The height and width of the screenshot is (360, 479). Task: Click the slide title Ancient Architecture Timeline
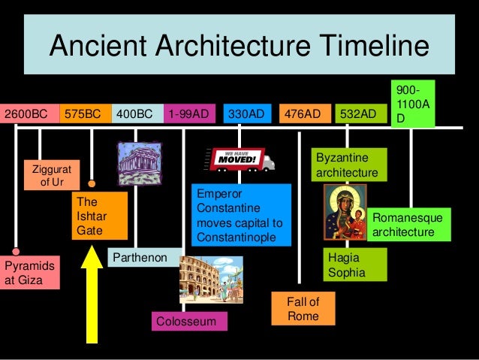(239, 47)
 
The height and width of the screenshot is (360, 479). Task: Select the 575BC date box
(83, 114)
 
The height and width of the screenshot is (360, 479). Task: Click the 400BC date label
(136, 114)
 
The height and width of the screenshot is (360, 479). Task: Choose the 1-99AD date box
(189, 114)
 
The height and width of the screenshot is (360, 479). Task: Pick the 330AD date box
(247, 114)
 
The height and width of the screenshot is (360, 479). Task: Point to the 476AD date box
(304, 114)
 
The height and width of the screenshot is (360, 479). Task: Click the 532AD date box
(358, 114)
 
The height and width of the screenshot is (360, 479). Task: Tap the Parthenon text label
(140, 259)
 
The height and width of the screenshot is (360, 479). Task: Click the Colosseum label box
(189, 322)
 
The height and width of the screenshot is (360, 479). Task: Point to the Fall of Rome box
(303, 310)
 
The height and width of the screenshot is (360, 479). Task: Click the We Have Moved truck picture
(239, 159)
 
